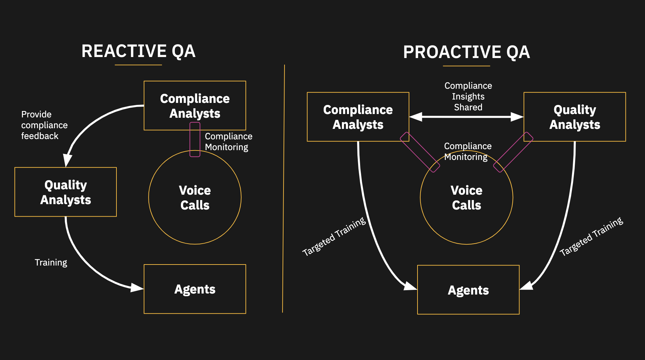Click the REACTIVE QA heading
[x=138, y=51]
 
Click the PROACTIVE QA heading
[x=466, y=52]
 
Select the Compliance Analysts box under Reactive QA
[x=195, y=106]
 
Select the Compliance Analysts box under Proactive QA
[x=358, y=117]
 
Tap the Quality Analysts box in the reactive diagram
[x=65, y=192]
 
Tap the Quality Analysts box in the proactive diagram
[x=574, y=117]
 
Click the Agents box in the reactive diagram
[x=195, y=289]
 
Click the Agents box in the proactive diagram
[x=468, y=290]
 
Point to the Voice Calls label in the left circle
[x=195, y=198]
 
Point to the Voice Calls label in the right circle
[x=466, y=198]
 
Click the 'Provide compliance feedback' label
[x=44, y=125]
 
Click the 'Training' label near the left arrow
[x=51, y=262]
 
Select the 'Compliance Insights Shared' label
[x=468, y=96]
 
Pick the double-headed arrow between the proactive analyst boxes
[x=466, y=117]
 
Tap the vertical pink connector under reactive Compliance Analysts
[x=195, y=140]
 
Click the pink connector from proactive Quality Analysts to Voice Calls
[x=513, y=152]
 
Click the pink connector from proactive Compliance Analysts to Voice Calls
[x=420, y=152]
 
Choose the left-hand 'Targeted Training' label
[x=334, y=237]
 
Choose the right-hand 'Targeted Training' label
[x=591, y=237]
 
